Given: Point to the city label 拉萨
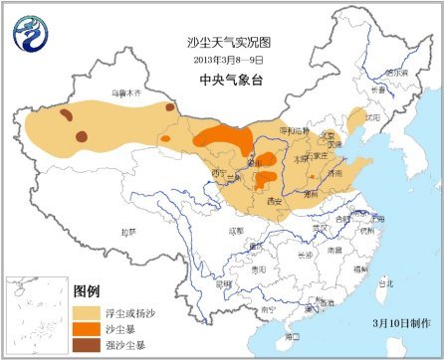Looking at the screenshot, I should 127,232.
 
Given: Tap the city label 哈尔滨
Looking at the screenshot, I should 395,72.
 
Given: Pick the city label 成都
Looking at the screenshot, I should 235,230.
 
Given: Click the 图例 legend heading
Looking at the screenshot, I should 87,290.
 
